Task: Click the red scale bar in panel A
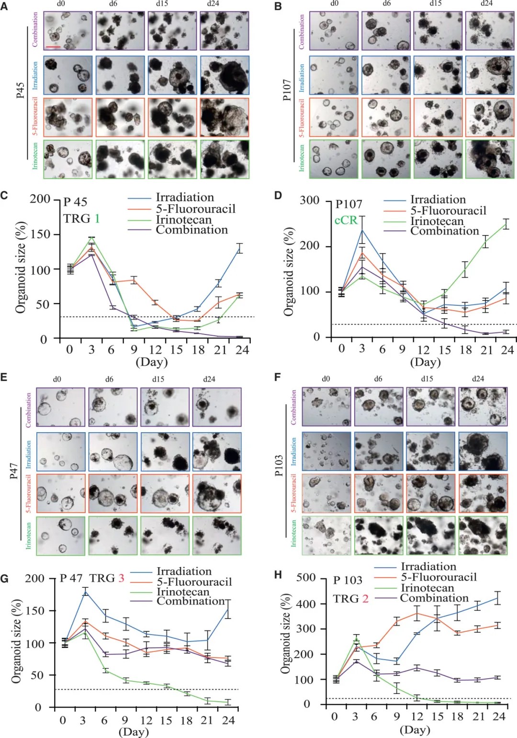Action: [x=53, y=47]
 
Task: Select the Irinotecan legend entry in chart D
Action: [x=437, y=221]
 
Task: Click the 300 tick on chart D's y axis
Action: [x=309, y=200]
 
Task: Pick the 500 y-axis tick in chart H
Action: [x=306, y=577]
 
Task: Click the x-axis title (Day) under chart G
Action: [x=134, y=731]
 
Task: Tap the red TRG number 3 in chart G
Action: [x=121, y=578]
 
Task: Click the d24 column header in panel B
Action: [x=486, y=3]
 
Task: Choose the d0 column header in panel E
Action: [x=57, y=379]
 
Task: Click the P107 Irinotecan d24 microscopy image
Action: [x=490, y=159]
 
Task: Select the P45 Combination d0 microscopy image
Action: [x=68, y=31]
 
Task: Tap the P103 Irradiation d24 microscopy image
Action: [x=483, y=451]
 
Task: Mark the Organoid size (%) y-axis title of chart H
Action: [x=286, y=634]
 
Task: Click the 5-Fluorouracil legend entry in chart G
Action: [x=194, y=582]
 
